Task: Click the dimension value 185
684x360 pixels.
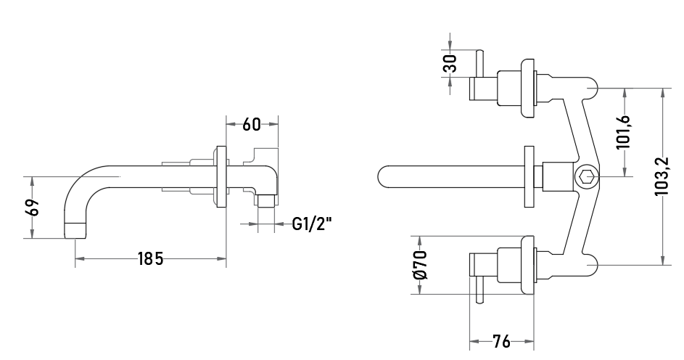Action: pos(150,259)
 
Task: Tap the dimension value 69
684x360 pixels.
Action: pos(33,208)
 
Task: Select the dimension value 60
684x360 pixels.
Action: pos(252,125)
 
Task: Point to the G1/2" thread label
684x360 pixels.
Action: pos(311,224)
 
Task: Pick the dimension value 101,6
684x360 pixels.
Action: pos(623,132)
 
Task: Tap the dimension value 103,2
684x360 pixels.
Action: pos(662,176)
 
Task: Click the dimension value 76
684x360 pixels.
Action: pos(501,341)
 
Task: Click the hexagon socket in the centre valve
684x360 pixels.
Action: pos(586,176)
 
